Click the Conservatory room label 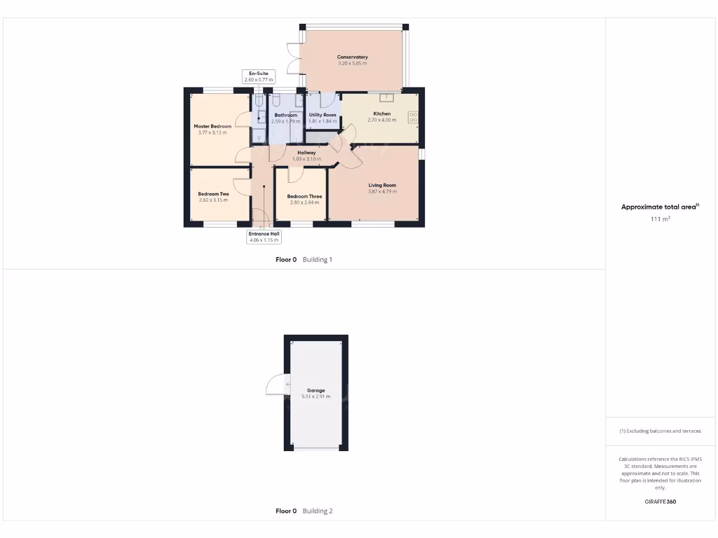tap(352, 57)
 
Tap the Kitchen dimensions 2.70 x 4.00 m tap(381, 120)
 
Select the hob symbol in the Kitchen tap(413, 118)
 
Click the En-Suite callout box tap(259, 76)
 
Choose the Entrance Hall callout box tap(264, 237)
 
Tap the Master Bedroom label tap(212, 126)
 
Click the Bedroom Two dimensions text tap(213, 200)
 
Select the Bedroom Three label tap(304, 196)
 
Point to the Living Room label tap(382, 185)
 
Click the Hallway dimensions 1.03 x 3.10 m tap(306, 159)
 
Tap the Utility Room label tap(323, 115)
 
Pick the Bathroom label tap(285, 115)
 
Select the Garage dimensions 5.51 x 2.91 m tap(316, 396)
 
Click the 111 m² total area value tap(660, 219)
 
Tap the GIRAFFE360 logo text tap(660, 502)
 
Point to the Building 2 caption tap(318, 511)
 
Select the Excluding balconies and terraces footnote tap(660, 431)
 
